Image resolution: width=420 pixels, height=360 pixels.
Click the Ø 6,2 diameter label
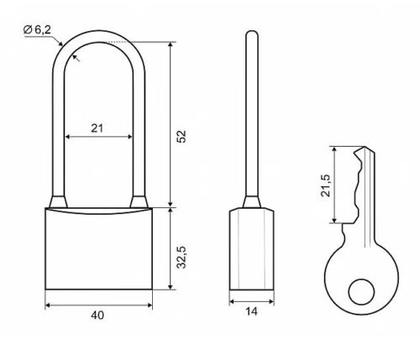(x=37, y=29)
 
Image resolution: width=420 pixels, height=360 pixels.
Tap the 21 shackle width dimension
(x=97, y=128)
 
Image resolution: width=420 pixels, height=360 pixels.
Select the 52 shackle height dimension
(x=181, y=136)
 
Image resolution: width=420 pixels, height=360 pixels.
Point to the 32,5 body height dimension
(x=181, y=258)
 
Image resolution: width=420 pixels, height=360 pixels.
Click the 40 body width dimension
(x=97, y=316)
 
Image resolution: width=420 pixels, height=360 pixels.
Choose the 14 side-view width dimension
(x=251, y=311)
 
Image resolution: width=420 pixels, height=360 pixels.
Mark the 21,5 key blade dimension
(x=326, y=185)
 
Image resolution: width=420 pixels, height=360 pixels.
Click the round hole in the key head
(x=361, y=292)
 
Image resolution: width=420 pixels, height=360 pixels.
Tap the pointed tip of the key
(x=364, y=147)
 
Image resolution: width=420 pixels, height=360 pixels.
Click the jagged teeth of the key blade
(x=358, y=186)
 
